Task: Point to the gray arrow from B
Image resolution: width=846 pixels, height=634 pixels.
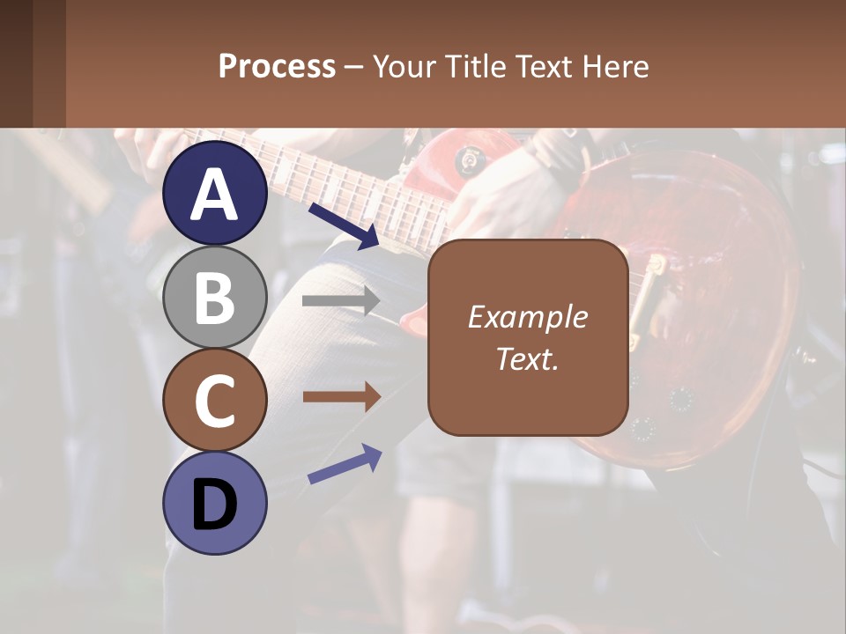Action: click(341, 300)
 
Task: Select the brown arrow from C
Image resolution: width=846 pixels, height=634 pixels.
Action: click(341, 397)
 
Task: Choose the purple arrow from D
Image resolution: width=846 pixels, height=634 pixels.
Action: click(345, 464)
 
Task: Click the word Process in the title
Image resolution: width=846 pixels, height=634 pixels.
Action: click(277, 67)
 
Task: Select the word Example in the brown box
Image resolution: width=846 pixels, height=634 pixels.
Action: click(527, 317)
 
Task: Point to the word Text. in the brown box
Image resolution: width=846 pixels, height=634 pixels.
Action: click(527, 359)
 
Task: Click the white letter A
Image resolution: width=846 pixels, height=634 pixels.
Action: click(214, 195)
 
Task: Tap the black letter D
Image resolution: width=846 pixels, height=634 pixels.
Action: click(214, 505)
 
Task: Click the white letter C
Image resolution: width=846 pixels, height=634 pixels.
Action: click(214, 402)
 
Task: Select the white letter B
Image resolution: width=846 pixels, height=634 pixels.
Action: click(214, 298)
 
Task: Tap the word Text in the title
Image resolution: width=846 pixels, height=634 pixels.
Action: click(546, 66)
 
